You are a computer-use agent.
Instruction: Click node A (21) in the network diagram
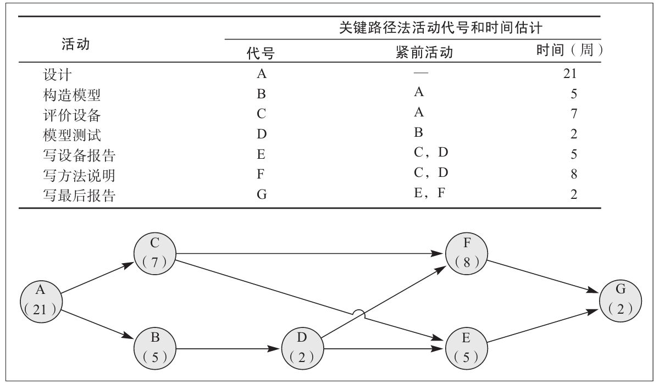pyautogui.click(x=40, y=300)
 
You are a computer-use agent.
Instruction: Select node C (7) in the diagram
pyautogui.click(x=155, y=253)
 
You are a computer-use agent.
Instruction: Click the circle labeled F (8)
pyautogui.click(x=467, y=253)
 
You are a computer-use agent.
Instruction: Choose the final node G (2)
pyautogui.click(x=621, y=300)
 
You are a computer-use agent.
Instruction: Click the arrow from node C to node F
pyautogui.click(x=308, y=254)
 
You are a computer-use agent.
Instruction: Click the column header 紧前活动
pyautogui.click(x=424, y=52)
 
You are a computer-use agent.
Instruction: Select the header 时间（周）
pyautogui.click(x=569, y=51)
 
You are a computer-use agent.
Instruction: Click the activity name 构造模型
pyautogui.click(x=71, y=94)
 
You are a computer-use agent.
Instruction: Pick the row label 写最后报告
pyautogui.click(x=79, y=195)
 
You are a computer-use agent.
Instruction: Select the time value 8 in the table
pyautogui.click(x=574, y=175)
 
